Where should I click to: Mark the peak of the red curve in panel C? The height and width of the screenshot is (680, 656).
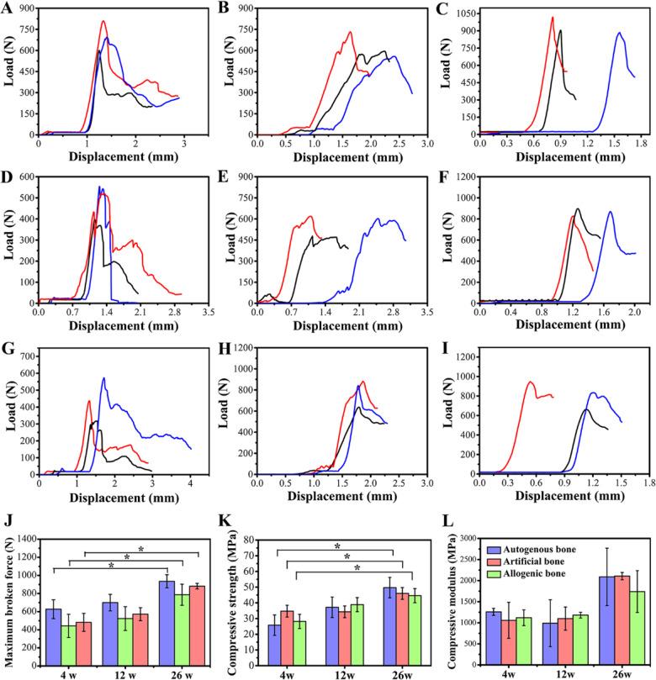pyautogui.click(x=553, y=17)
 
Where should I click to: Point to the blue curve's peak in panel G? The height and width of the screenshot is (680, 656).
pyautogui.click(x=103, y=377)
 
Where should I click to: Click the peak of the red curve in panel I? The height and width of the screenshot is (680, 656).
pyautogui.click(x=531, y=382)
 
